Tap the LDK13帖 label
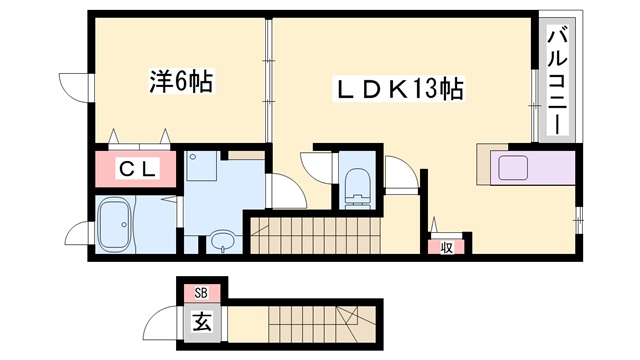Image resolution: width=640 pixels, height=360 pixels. click(396, 90)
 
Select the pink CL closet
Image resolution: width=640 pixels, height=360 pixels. click(139, 169)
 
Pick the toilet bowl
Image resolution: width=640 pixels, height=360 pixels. click(357, 185)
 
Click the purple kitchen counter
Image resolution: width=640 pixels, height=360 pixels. click(524, 166)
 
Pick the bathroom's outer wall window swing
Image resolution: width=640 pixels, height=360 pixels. click(77, 236)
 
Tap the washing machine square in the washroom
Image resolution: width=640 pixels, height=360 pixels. click(205, 166)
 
